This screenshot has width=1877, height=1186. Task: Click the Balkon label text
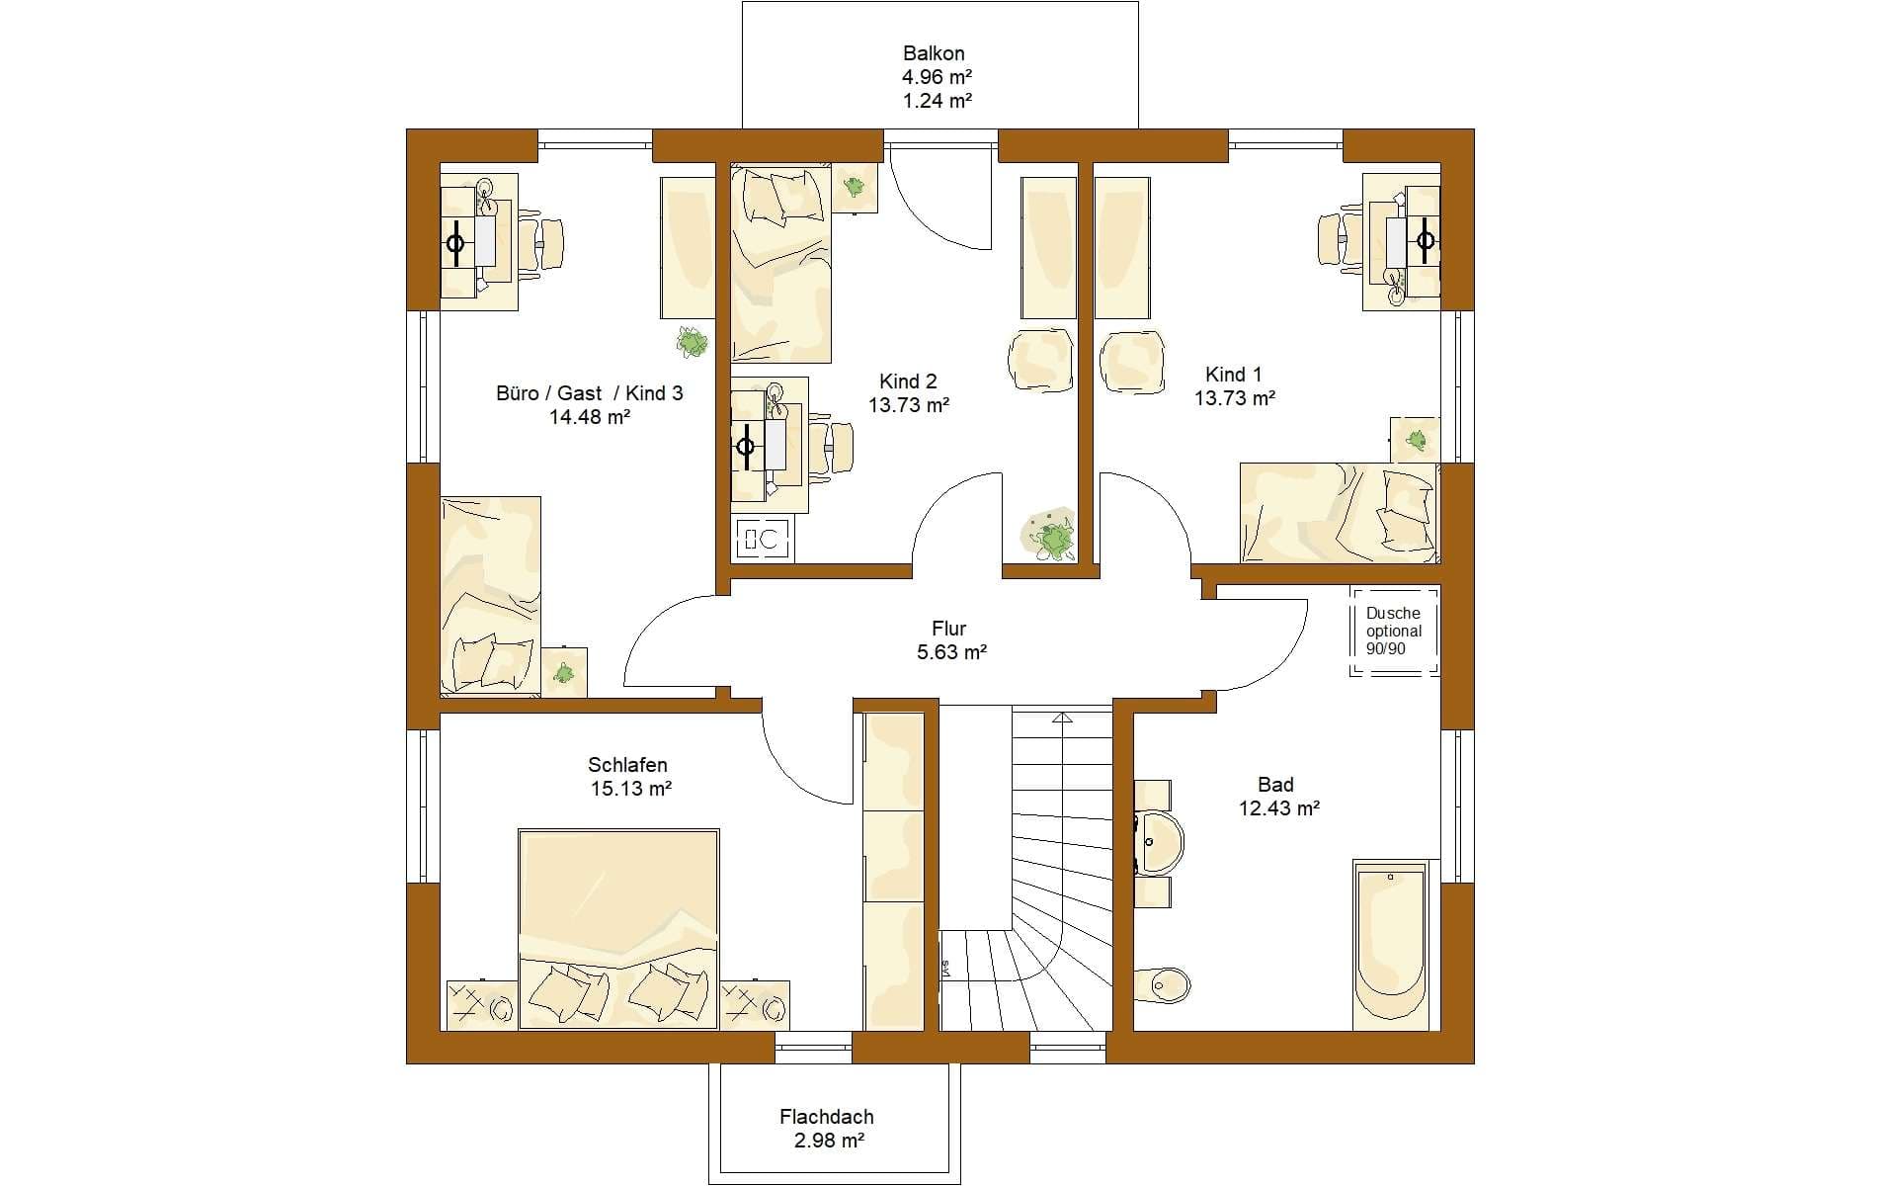pyautogui.click(x=934, y=53)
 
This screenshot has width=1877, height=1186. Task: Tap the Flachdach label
pyautogui.click(x=827, y=1117)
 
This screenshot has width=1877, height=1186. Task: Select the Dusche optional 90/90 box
pyautogui.click(x=1394, y=631)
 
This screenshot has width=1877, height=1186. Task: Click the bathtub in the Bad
pyautogui.click(x=1391, y=945)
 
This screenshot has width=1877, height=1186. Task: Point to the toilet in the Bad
pyautogui.click(x=1162, y=983)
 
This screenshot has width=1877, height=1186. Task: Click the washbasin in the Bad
pyautogui.click(x=1158, y=843)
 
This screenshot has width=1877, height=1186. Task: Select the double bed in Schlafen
pyautogui.click(x=618, y=929)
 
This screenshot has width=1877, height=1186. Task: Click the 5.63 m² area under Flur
pyautogui.click(x=949, y=651)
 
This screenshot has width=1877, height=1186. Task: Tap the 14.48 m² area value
pyautogui.click(x=590, y=417)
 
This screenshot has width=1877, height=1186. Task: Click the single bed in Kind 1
pyautogui.click(x=1339, y=512)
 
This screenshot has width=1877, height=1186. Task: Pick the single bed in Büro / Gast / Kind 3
pyautogui.click(x=491, y=596)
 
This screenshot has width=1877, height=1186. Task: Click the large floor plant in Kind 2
pyautogui.click(x=1051, y=536)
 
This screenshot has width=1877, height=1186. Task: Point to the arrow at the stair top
pyautogui.click(x=1062, y=719)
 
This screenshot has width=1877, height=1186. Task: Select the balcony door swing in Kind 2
pyautogui.click(x=938, y=198)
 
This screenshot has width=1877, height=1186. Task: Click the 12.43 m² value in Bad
pyautogui.click(x=1279, y=808)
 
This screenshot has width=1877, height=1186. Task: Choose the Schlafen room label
pyautogui.click(x=627, y=765)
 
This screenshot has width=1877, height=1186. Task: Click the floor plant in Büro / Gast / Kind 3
pyautogui.click(x=693, y=342)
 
